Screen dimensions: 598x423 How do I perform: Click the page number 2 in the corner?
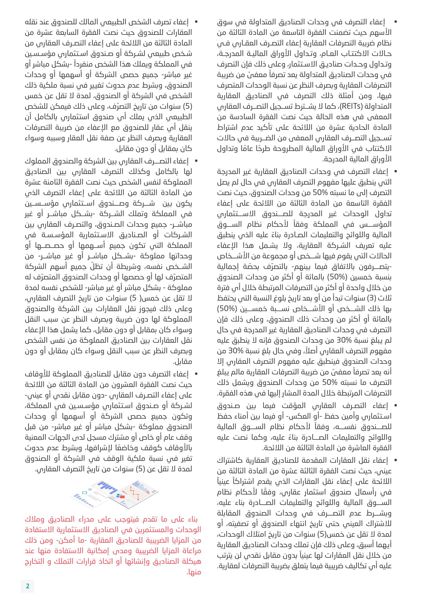[27, 586]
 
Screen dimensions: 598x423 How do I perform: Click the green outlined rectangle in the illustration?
[84, 493]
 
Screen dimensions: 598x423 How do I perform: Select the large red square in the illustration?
[122, 496]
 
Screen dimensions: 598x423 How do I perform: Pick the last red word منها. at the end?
[194, 572]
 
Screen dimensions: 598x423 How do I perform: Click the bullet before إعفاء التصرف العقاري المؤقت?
[396, 406]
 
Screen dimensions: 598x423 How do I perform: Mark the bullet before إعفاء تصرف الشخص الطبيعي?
[196, 22]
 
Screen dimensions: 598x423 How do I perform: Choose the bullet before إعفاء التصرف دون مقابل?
[196, 374]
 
